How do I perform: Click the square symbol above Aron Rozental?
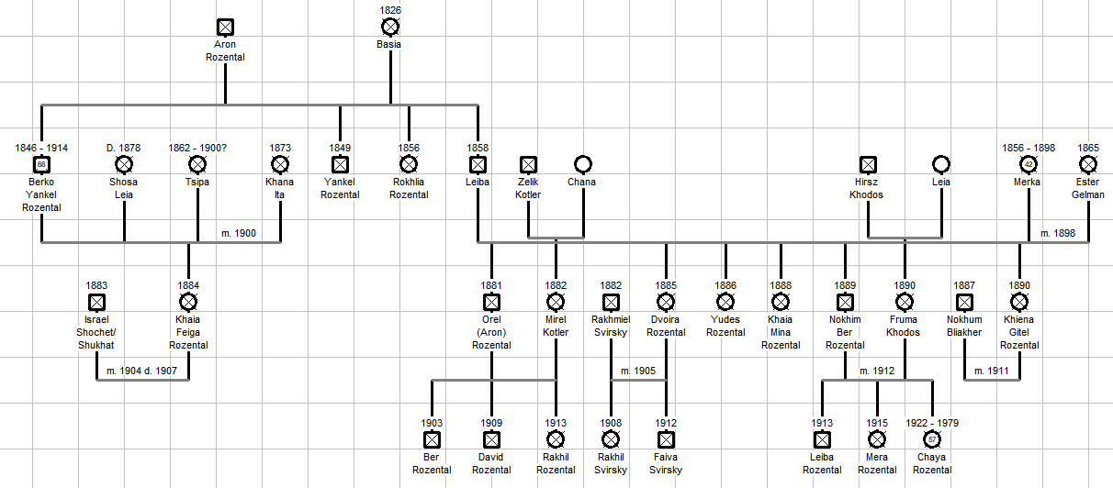[x=225, y=28]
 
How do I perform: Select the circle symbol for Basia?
[x=390, y=27]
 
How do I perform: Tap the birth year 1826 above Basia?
[x=390, y=10]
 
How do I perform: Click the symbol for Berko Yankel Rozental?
[x=41, y=164]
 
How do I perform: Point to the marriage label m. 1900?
[x=239, y=233]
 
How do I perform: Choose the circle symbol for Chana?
[x=582, y=164]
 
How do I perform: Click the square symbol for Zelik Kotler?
[x=528, y=164]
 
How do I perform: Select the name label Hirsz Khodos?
[x=867, y=188]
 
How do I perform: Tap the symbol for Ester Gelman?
[x=1088, y=164]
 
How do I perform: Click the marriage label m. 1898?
[x=1058, y=233]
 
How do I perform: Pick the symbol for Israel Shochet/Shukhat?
[x=96, y=302]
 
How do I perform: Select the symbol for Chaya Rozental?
[x=932, y=439]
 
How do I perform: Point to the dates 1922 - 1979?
[x=932, y=423]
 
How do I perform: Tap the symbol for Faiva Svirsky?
[x=666, y=439]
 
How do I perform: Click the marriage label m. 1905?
[x=638, y=371]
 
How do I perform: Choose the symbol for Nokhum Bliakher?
[x=964, y=302]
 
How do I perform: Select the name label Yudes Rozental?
[x=725, y=327]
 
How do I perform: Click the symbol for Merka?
[x=1029, y=164]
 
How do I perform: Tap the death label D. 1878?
[x=124, y=148]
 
